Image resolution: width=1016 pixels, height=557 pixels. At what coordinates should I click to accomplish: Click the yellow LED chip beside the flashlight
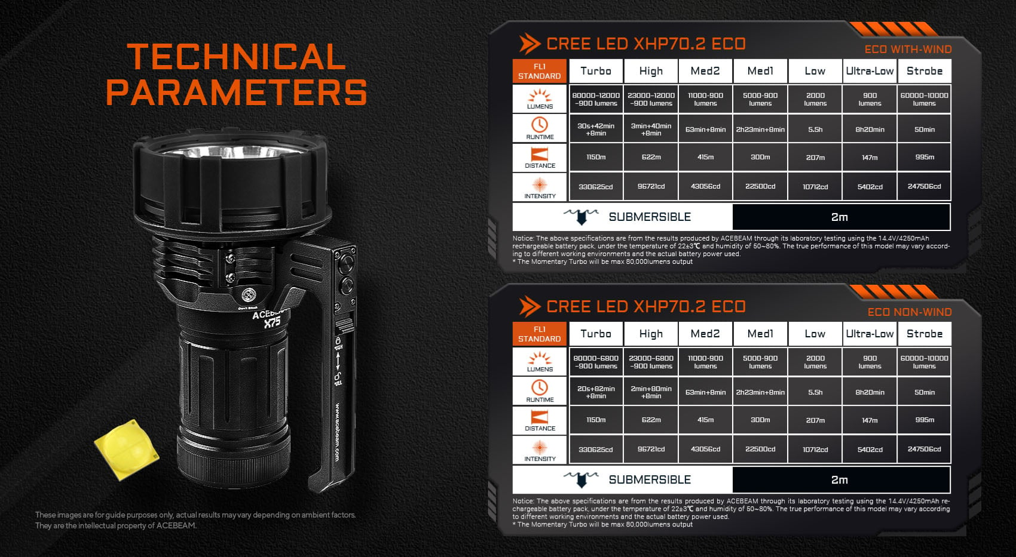pyautogui.click(x=127, y=449)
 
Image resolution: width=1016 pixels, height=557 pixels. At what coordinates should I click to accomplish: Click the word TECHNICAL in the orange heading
pyautogui.click(x=236, y=57)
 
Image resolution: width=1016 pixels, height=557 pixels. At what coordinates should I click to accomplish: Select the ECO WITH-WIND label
pyautogui.click(x=908, y=50)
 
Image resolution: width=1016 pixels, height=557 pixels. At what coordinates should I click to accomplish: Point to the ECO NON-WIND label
pyautogui.click(x=910, y=312)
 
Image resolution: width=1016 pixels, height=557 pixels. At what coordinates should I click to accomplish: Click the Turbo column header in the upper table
pyautogui.click(x=596, y=71)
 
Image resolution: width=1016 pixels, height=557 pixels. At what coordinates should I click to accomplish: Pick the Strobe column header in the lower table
pyautogui.click(x=925, y=334)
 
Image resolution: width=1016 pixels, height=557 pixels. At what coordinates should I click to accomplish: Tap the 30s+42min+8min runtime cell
pyautogui.click(x=596, y=130)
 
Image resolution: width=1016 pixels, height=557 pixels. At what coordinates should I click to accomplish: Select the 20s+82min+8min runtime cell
pyautogui.click(x=596, y=392)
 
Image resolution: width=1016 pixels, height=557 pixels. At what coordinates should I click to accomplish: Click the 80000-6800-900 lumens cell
pyautogui.click(x=596, y=362)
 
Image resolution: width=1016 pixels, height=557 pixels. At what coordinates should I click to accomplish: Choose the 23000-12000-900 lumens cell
pyautogui.click(x=651, y=99)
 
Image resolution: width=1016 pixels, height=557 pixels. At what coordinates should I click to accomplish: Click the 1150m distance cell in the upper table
pyautogui.click(x=596, y=157)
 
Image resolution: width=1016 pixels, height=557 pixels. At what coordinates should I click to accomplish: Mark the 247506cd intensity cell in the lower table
pyautogui.click(x=925, y=449)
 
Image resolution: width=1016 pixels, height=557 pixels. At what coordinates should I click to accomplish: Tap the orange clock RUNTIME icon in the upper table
pyautogui.click(x=540, y=125)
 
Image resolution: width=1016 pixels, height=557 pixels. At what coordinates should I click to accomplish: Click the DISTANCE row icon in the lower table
pyautogui.click(x=540, y=417)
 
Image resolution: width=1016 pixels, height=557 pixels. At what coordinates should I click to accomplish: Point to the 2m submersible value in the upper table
pyautogui.click(x=840, y=217)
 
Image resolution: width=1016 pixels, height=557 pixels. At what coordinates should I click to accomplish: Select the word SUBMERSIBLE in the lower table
pyautogui.click(x=650, y=480)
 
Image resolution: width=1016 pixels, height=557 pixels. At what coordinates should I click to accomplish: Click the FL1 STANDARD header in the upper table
pyautogui.click(x=539, y=71)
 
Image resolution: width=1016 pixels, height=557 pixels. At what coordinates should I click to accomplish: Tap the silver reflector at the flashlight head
pyautogui.click(x=232, y=151)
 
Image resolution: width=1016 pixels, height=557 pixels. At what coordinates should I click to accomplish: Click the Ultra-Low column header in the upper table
pyautogui.click(x=870, y=71)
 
